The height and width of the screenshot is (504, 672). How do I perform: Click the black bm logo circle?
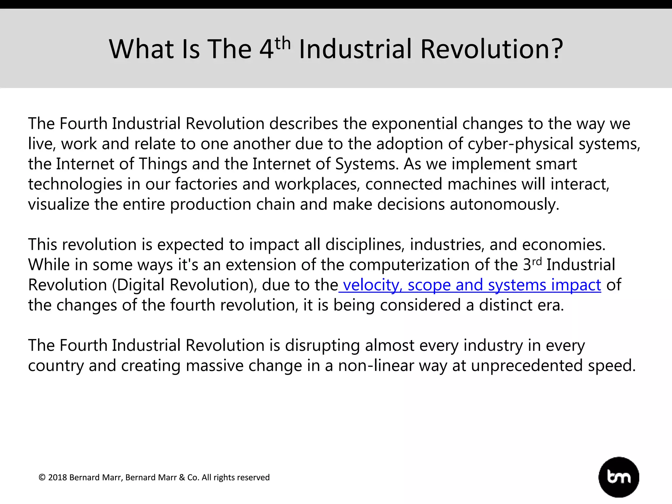619,477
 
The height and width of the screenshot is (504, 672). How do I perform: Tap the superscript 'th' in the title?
283,44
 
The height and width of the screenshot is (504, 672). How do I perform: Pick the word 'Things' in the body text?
163,164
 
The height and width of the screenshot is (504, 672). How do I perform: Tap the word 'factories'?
206,184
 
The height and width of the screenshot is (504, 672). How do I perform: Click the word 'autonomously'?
504,204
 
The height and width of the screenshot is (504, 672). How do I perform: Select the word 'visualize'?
58,204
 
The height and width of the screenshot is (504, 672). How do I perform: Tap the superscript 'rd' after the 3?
536,261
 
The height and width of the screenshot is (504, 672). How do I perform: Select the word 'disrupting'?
322,346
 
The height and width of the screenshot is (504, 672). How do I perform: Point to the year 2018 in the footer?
57,477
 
